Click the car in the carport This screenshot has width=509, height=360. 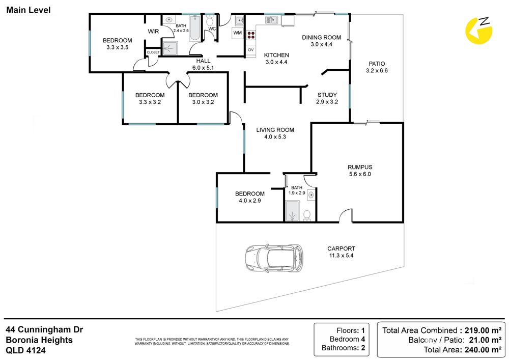[x=274, y=258]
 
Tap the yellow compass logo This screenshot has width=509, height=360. [x=479, y=31]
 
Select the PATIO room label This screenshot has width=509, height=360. [x=377, y=64]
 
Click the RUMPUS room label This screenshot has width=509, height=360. [x=360, y=167]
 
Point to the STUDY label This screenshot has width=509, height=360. [x=327, y=95]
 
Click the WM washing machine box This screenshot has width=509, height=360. [x=238, y=33]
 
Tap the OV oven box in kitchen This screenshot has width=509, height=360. [x=250, y=50]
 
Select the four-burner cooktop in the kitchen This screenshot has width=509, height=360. [x=251, y=35]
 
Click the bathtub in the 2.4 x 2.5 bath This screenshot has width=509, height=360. [x=195, y=28]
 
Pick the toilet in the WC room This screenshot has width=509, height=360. [x=210, y=20]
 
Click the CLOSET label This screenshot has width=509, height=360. [x=153, y=52]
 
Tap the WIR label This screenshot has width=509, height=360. [x=153, y=32]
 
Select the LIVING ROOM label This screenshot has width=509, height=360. [x=275, y=130]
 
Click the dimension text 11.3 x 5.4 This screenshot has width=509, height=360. [x=341, y=256]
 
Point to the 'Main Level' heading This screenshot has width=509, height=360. [x=29, y=10]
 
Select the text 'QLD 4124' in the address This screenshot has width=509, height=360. [x=25, y=350]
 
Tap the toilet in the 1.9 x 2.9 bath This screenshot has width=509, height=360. [x=307, y=215]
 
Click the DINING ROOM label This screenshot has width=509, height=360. [x=321, y=37]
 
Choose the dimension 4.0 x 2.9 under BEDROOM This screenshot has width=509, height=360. [x=250, y=201]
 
